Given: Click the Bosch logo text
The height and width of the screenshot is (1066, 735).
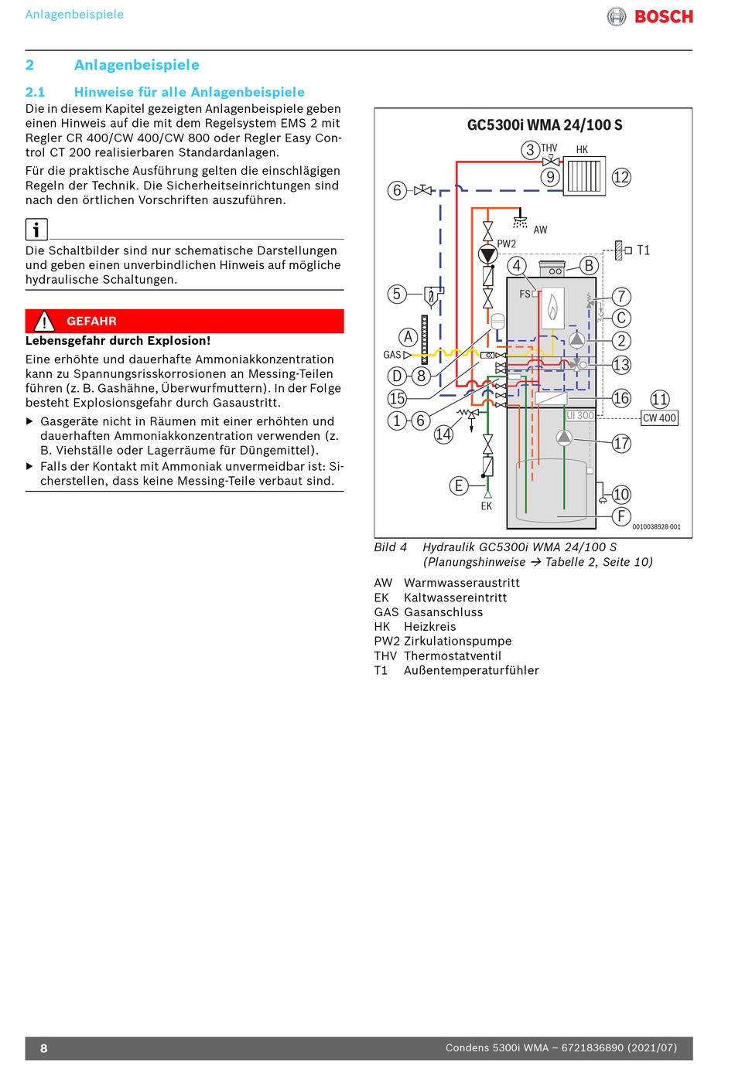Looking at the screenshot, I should tap(663, 16).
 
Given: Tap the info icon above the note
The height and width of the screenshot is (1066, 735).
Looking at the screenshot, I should tap(36, 230).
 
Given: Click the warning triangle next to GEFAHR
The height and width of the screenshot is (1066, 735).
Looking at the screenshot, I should tap(44, 321).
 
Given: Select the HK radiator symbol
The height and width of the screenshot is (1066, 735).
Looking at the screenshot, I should tap(584, 176).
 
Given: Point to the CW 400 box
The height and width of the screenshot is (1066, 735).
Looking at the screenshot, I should tap(659, 418).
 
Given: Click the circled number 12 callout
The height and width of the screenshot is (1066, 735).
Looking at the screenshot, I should tap(621, 177).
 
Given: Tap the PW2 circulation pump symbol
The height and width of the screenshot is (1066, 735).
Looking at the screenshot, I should tap(487, 254).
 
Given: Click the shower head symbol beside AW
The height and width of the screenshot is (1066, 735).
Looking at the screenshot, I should tap(521, 221).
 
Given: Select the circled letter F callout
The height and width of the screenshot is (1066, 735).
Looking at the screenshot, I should tap(621, 516).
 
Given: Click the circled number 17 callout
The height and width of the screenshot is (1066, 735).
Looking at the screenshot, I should tap(621, 444).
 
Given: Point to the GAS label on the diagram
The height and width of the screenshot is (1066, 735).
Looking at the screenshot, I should tap(392, 355).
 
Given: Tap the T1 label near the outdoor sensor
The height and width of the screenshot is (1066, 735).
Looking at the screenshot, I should tap(643, 250).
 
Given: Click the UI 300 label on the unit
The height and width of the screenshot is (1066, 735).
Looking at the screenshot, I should tap(580, 416).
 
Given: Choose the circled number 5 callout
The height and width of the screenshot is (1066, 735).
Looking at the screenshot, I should tap(397, 294).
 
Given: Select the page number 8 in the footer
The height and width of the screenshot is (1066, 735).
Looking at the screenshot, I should tap(44, 1048).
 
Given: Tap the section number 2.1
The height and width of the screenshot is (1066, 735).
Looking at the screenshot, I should tap(35, 92).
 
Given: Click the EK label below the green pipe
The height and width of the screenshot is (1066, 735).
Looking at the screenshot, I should tap(486, 506).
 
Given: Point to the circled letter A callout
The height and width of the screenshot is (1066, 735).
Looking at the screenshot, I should tap(409, 336).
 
